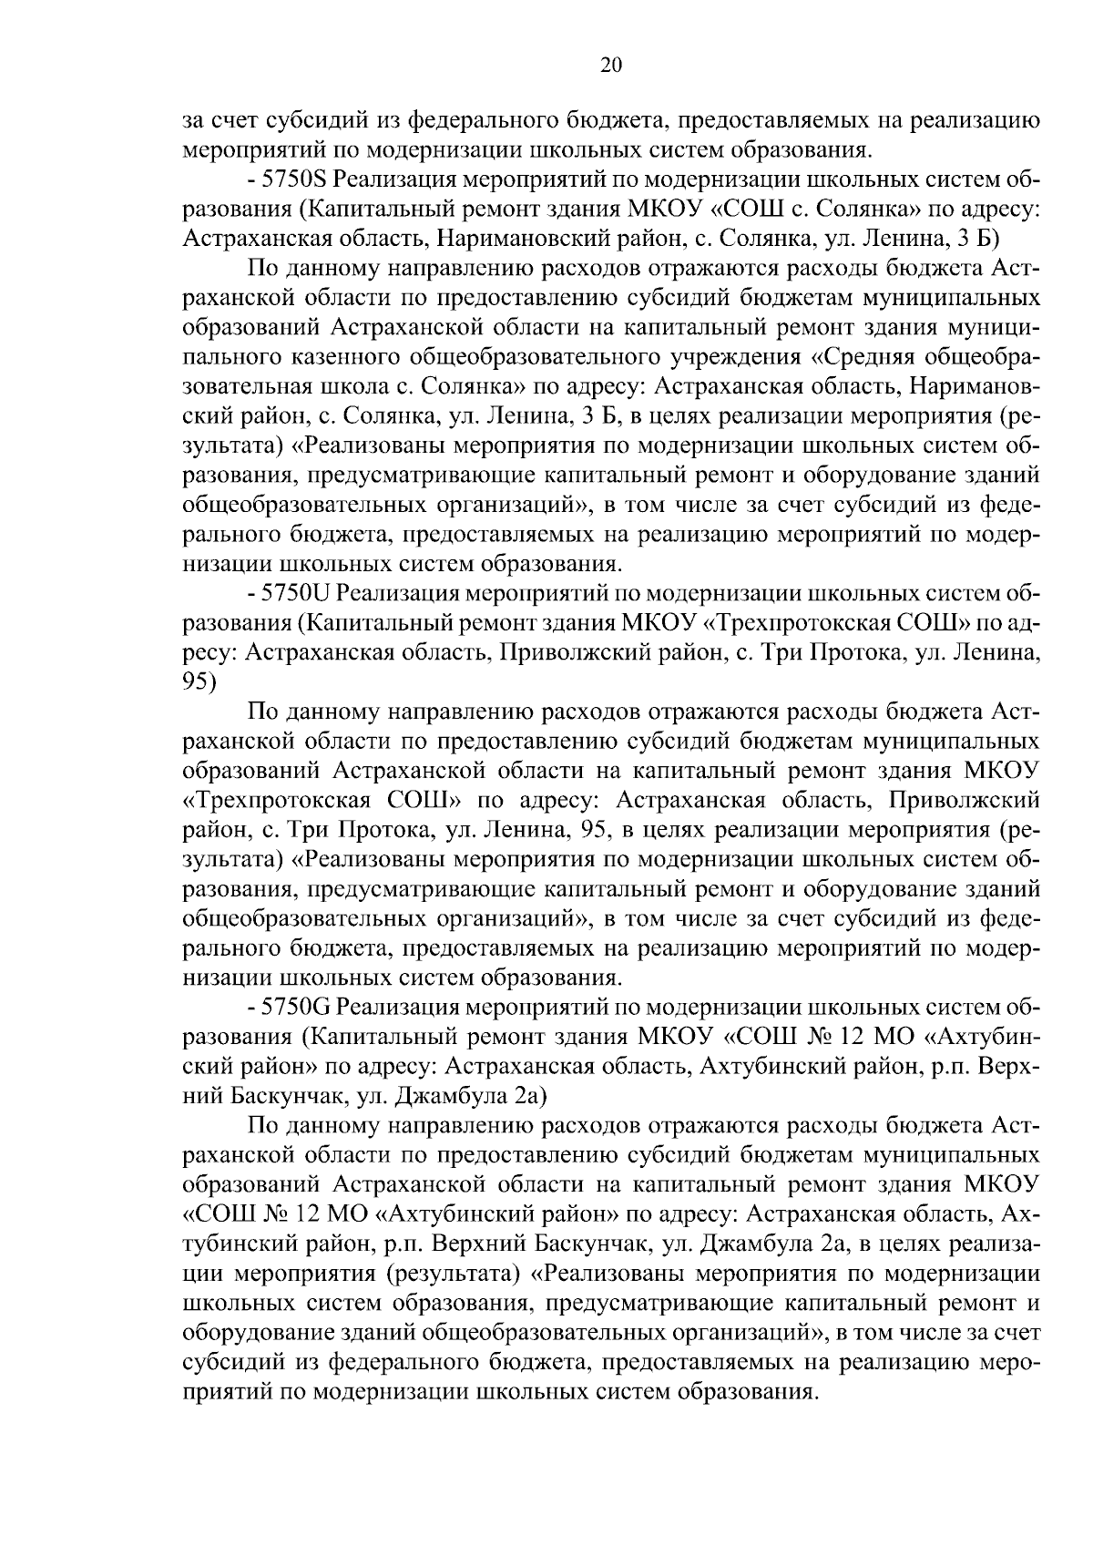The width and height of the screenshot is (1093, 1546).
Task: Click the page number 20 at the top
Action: (x=611, y=64)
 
